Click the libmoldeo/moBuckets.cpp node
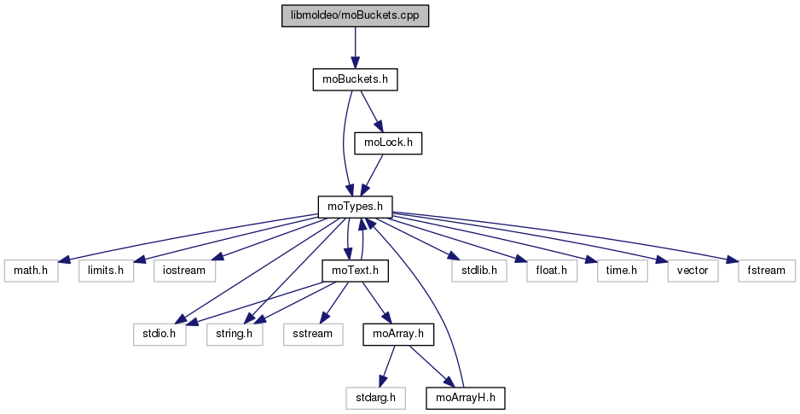355,16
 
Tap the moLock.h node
388,143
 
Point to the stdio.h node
159,333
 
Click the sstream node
312,333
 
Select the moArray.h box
398,333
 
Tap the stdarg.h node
375,397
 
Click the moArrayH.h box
465,397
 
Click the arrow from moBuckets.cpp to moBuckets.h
355,47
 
